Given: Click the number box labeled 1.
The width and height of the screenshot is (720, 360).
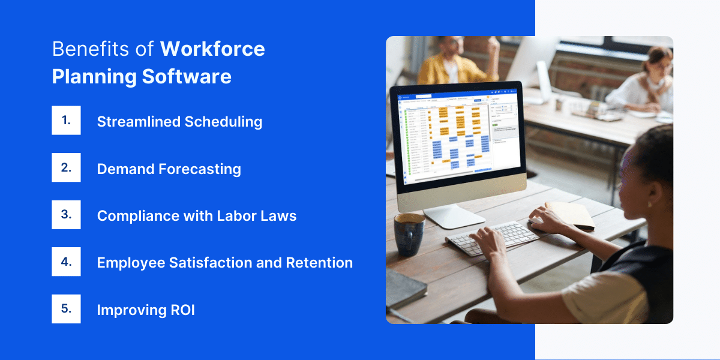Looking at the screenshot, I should click(66, 121).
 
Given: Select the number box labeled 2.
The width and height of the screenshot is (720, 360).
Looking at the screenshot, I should click(66, 168).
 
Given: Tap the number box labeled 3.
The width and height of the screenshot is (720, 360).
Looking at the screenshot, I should click(66, 215).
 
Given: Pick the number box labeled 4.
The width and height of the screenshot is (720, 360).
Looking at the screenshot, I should click(66, 262).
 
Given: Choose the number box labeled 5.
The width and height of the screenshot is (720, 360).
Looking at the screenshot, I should click(66, 309).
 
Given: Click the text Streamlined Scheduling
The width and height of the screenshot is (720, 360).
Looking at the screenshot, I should click(179, 122).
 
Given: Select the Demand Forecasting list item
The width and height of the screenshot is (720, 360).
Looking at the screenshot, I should click(169, 169).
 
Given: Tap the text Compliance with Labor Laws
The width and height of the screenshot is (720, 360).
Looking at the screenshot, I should click(196, 216).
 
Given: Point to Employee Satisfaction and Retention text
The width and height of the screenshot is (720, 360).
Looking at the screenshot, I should click(224, 263).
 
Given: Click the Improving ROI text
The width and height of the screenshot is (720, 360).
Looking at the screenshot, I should click(146, 310).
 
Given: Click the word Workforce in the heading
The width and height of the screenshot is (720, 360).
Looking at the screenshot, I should click(212, 49).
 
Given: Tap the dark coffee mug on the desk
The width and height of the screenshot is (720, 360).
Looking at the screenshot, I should click(409, 233).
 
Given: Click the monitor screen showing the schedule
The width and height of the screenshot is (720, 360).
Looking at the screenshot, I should click(457, 139).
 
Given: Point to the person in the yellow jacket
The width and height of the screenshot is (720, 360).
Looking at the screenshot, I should click(456, 60).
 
